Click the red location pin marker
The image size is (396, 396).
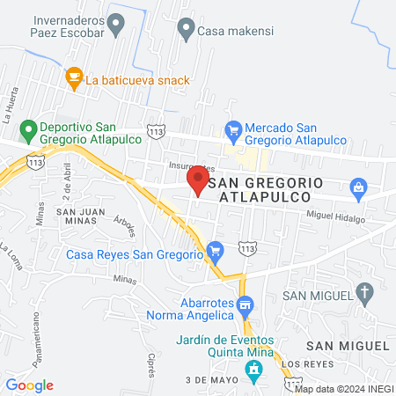click(x=197, y=180)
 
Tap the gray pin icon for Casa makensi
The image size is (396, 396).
click(x=186, y=29)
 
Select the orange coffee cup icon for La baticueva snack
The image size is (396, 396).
click(x=74, y=78)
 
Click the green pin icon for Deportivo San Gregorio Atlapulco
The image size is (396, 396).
click(x=28, y=132)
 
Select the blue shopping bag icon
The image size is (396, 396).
click(x=358, y=187)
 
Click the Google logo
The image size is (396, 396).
click(x=29, y=385)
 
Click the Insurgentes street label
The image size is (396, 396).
click(x=191, y=166)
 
